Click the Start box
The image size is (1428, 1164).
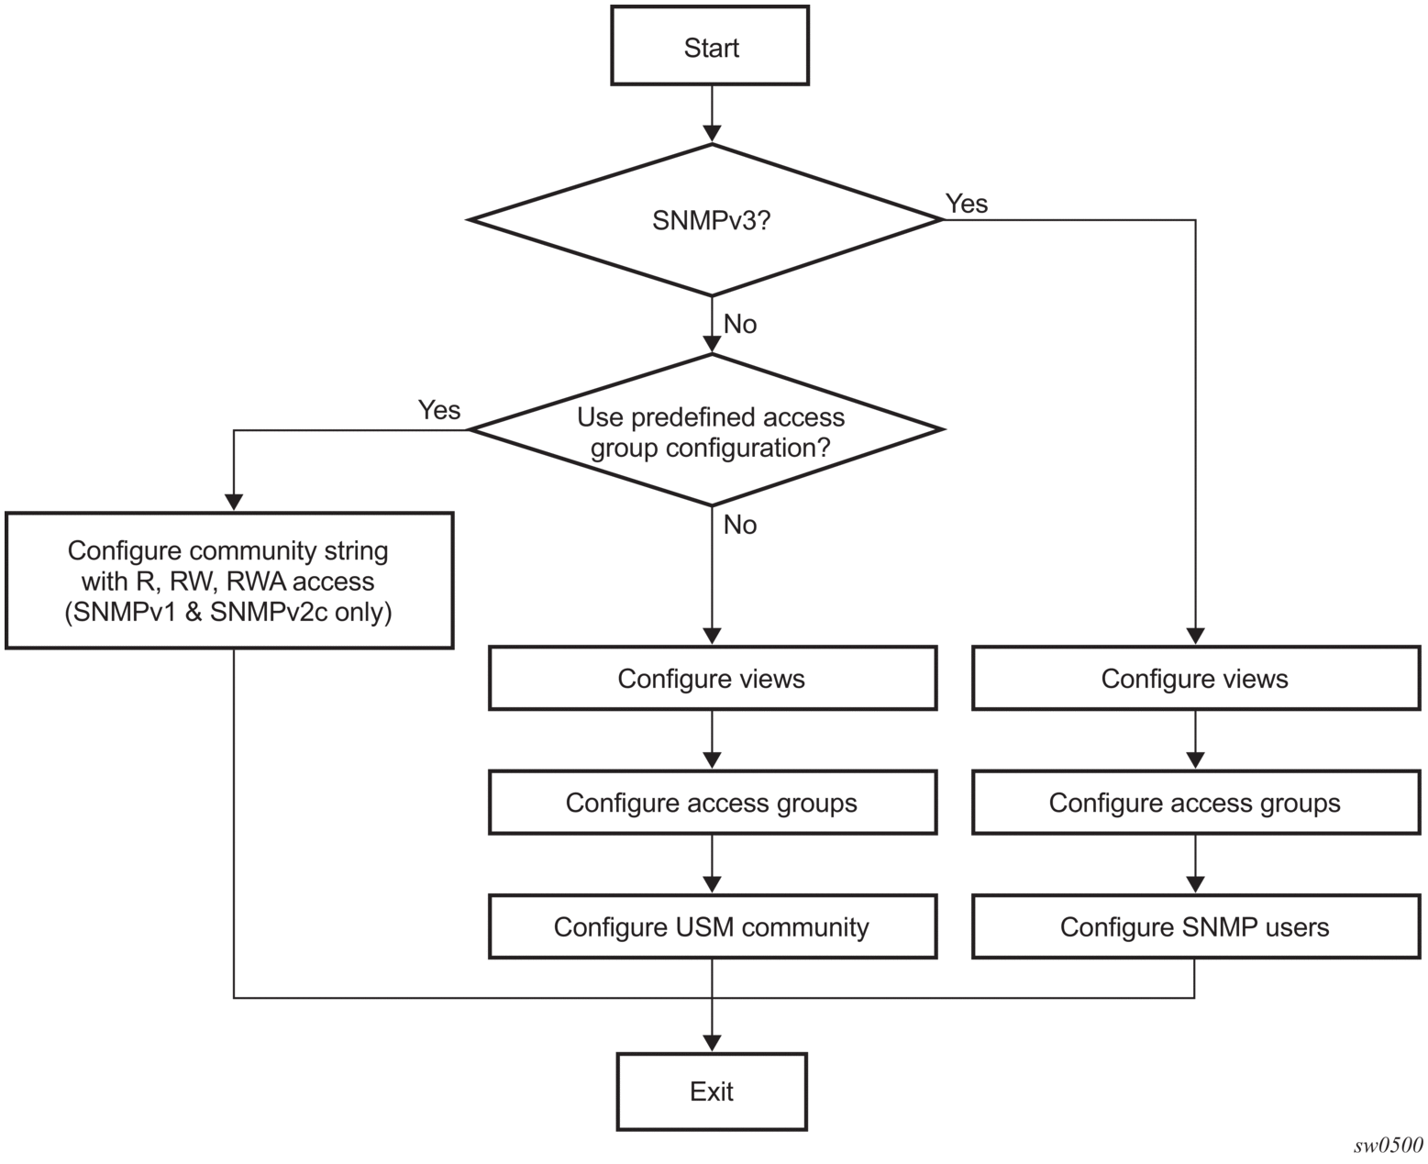click(710, 46)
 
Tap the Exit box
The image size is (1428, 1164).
click(712, 1092)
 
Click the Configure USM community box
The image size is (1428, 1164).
click(712, 926)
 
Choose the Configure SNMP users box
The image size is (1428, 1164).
click(1195, 926)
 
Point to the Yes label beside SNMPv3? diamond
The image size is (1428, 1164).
click(966, 203)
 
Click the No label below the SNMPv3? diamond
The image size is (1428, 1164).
click(740, 324)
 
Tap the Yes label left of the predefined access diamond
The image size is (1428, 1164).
click(439, 410)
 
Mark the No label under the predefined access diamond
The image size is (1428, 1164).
click(740, 525)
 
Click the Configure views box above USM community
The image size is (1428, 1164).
click(712, 678)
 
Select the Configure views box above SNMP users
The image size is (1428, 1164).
click(1195, 678)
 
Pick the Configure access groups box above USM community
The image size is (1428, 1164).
click(712, 802)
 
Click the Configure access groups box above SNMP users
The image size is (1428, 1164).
click(1195, 802)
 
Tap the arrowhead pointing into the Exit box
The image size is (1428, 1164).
click(712, 1043)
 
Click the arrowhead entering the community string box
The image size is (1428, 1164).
click(233, 503)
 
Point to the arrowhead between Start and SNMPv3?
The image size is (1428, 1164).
click(712, 133)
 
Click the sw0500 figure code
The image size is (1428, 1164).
click(1388, 1146)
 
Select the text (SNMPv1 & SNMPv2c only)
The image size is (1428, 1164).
click(228, 612)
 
